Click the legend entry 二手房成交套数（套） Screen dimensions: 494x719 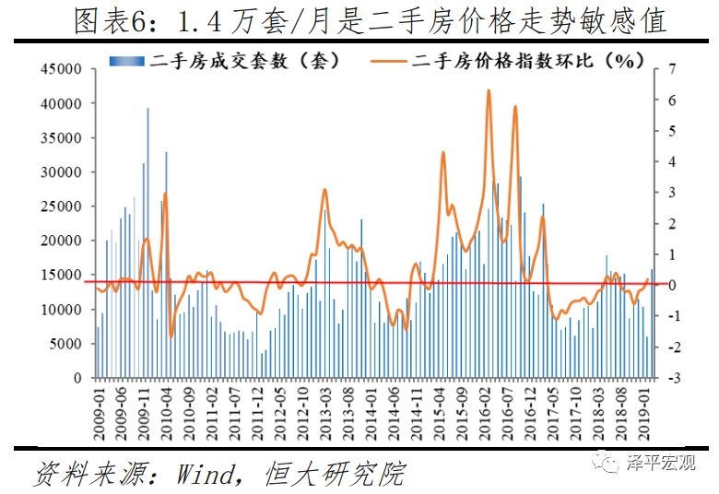pos(226,62)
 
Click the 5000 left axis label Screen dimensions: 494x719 pos(66,344)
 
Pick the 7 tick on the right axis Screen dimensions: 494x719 pos(673,69)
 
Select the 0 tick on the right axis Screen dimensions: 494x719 pos(673,286)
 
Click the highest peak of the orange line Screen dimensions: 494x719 pos(488,90)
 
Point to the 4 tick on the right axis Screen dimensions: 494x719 pos(673,162)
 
